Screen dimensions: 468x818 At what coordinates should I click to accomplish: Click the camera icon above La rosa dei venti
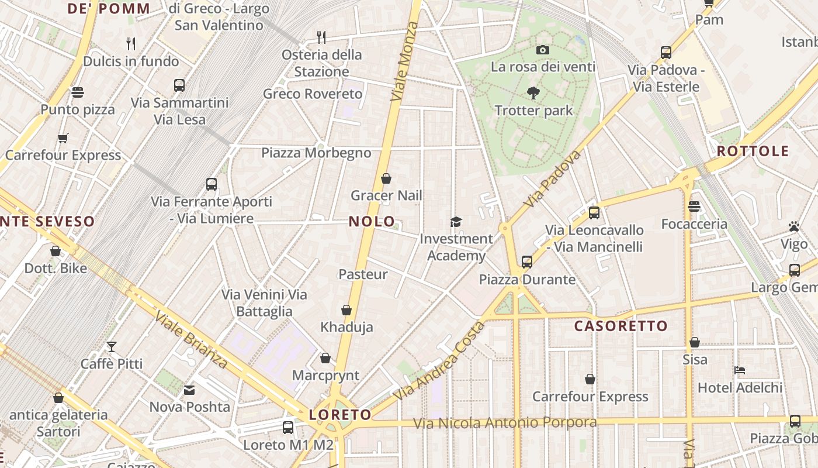click(x=543, y=50)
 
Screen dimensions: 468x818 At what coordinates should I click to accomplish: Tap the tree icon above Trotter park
click(x=533, y=92)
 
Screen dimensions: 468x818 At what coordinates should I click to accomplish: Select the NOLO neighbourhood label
click(x=372, y=222)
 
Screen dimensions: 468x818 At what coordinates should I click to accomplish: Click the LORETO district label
click(x=340, y=415)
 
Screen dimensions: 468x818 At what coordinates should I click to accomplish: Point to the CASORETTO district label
click(x=621, y=326)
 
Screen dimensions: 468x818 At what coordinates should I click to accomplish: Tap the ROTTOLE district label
click(x=753, y=151)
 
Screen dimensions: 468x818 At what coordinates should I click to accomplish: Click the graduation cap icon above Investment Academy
click(x=456, y=222)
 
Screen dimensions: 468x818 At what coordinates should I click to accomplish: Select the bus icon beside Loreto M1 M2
click(x=288, y=428)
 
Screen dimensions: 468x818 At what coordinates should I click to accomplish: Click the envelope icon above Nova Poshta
click(x=189, y=390)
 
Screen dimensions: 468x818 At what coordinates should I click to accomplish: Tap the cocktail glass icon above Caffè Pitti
click(x=111, y=347)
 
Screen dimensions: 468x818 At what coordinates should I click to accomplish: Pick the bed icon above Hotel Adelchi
click(x=739, y=370)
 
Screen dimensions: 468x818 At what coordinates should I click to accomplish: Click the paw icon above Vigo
click(x=793, y=226)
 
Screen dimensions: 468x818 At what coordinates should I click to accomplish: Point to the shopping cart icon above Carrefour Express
click(x=63, y=139)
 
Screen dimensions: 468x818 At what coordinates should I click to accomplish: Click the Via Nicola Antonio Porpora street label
click(x=505, y=422)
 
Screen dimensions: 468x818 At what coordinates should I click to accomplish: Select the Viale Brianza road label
click(x=191, y=340)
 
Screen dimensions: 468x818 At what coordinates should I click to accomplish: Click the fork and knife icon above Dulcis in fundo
click(x=131, y=44)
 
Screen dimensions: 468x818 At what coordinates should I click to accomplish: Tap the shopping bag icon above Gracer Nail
click(x=386, y=178)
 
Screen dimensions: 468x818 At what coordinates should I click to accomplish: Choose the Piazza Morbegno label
click(x=316, y=153)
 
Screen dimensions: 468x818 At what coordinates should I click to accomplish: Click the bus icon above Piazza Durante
click(x=527, y=262)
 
